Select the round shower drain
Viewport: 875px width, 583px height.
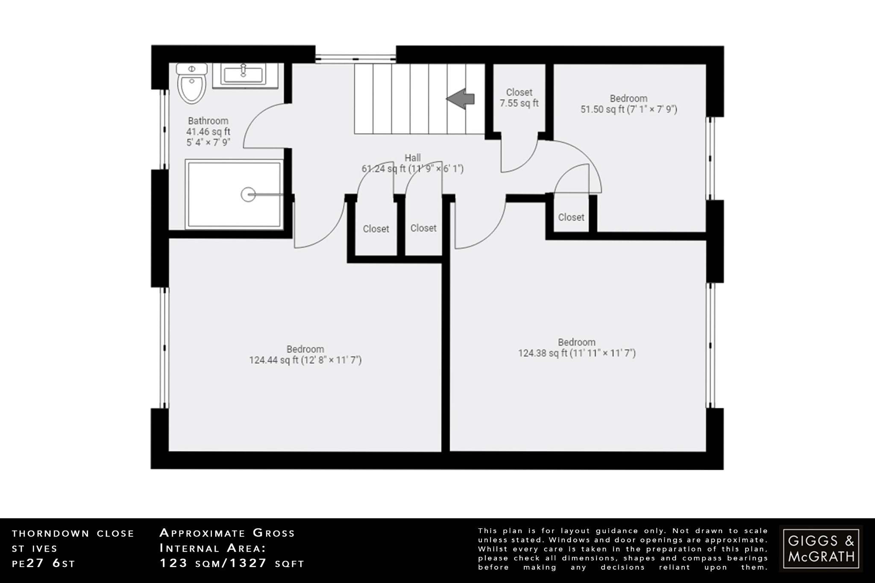click(248, 195)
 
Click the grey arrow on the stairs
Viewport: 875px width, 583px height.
click(461, 99)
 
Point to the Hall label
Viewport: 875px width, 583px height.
click(412, 158)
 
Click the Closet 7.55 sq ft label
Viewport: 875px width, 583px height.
click(519, 98)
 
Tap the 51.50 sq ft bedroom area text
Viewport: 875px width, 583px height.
click(628, 109)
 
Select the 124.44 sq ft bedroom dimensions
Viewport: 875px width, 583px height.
click(305, 360)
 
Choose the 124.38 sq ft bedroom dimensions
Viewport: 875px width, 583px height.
click(576, 353)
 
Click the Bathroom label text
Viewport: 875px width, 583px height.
click(208, 121)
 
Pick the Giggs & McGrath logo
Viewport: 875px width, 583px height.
click(821, 548)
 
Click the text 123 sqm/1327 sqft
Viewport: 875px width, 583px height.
click(232, 563)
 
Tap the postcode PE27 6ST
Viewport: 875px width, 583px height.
click(44, 563)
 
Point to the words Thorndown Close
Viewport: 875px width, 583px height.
click(73, 533)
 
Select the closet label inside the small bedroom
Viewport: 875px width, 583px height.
click(571, 217)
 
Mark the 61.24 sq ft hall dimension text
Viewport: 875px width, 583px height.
click(412, 169)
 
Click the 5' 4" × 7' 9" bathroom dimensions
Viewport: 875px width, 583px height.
click(208, 142)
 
